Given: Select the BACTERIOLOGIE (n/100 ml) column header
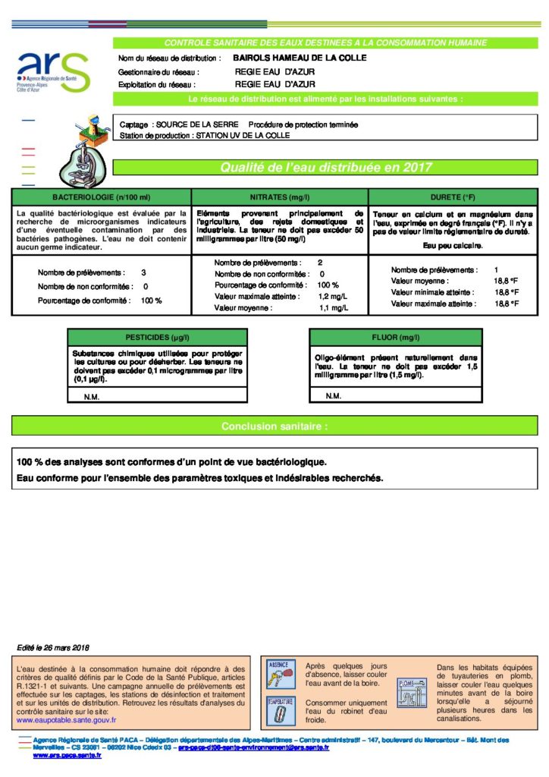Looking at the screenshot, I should tap(102, 197).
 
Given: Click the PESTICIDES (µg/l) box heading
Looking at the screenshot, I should tap(158, 336).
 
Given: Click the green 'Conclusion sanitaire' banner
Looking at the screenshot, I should tap(274, 426).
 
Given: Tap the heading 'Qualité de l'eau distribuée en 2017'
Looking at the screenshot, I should tap(325, 168).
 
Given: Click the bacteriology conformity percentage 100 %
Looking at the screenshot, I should tap(152, 300).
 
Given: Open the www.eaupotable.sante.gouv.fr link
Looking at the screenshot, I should tap(67, 719).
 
